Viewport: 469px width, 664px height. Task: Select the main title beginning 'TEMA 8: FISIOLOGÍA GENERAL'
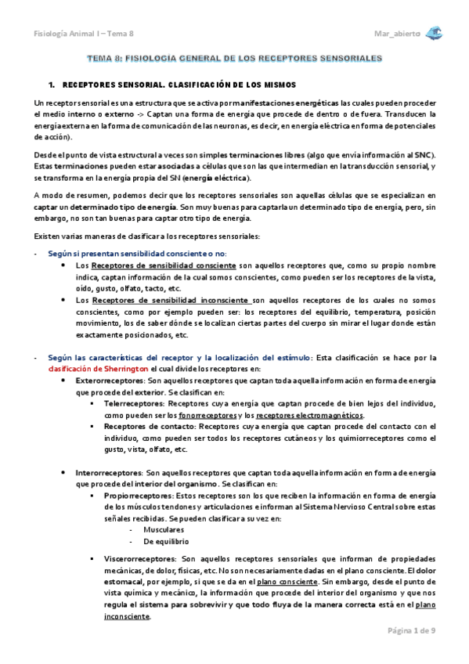click(x=234, y=58)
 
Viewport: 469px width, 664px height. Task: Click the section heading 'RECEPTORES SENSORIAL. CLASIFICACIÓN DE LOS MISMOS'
click(x=179, y=83)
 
